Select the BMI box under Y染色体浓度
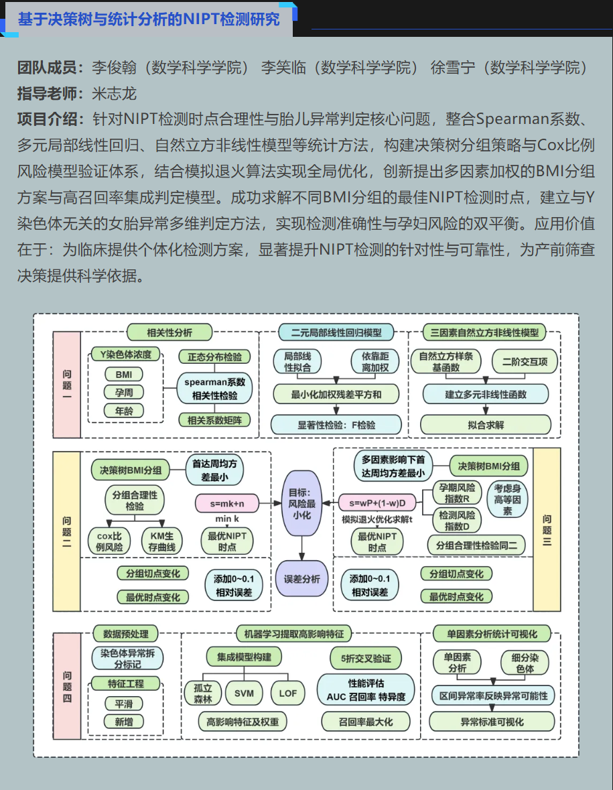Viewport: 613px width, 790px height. coord(124,375)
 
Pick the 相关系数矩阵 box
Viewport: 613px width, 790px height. coord(215,421)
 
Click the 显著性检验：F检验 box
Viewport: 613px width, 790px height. coord(336,424)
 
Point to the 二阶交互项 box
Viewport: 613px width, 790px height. coord(525,363)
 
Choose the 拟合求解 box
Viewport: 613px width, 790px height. coord(486,424)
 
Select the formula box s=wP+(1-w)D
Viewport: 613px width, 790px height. coord(377,502)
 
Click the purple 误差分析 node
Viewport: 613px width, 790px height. coord(301,580)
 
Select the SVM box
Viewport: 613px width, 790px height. coord(245,693)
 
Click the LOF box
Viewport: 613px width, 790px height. coord(287,693)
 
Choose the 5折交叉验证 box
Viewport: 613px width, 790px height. coord(366,658)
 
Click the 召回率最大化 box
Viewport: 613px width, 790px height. coord(366,722)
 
